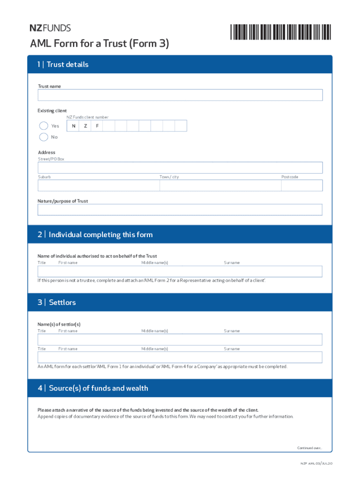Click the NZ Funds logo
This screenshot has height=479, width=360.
(50, 28)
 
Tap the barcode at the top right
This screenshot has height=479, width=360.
(281, 31)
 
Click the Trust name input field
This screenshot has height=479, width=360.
(180, 95)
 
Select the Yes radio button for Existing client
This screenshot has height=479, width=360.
(43, 126)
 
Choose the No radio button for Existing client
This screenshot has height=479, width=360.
(43, 137)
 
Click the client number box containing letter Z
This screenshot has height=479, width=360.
(85, 126)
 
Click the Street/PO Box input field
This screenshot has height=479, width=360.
(180, 167)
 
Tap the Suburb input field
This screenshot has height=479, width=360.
(99, 186)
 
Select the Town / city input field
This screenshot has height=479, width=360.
(220, 186)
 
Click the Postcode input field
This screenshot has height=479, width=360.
(302, 186)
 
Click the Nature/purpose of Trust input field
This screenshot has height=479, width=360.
(180, 210)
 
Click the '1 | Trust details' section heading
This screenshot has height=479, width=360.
(63, 65)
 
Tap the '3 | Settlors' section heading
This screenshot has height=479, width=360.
(57, 303)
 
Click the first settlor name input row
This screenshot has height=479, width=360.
(180, 340)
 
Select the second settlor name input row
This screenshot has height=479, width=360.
(180, 357)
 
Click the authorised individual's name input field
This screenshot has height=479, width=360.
(180, 271)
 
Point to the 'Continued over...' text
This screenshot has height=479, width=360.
(310, 448)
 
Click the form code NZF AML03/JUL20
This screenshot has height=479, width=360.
(316, 464)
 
